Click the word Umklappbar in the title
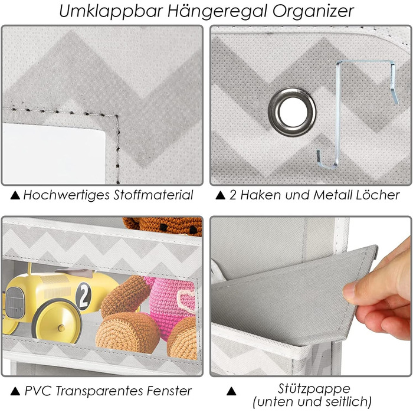(112, 11)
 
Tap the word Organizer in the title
(313, 11)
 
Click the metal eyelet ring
(292, 112)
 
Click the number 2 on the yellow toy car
(84, 296)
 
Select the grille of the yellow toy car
(15, 303)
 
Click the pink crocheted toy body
(172, 303)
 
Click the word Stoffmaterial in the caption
(153, 195)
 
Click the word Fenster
(169, 391)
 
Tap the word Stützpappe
(314, 389)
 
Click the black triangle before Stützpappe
(231, 391)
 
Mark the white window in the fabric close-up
(54, 153)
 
